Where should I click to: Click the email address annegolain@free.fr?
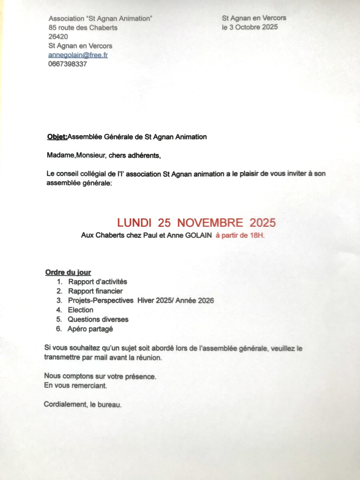tap(78, 55)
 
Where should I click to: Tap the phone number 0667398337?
tap(67, 64)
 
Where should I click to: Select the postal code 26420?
tap(58, 37)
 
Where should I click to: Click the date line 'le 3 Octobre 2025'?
tap(250, 27)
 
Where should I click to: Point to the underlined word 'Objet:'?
tap(57, 137)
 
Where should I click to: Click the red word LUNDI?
tap(134, 222)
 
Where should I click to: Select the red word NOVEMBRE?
tap(210, 222)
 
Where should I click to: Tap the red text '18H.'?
tap(257, 236)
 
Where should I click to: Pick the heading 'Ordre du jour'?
tap(68, 273)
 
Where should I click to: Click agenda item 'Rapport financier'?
tap(95, 291)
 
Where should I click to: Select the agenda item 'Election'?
tap(80, 310)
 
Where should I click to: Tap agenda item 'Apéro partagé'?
tap(90, 329)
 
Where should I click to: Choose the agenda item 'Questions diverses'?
tap(98, 319)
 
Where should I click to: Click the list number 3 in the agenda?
tap(59, 301)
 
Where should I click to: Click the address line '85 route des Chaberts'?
tap(83, 28)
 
